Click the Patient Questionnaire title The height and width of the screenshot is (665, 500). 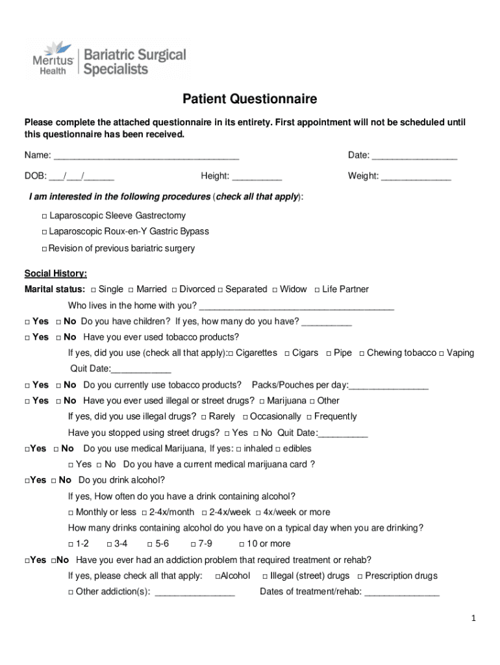click(x=249, y=99)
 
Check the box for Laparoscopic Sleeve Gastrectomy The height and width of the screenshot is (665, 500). click(x=44, y=216)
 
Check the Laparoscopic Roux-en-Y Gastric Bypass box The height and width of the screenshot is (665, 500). click(x=44, y=232)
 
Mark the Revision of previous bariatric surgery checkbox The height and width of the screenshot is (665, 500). click(x=44, y=249)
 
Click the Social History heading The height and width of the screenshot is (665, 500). click(x=56, y=273)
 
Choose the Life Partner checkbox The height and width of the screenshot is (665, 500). click(x=317, y=290)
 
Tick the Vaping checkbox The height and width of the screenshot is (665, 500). click(x=442, y=353)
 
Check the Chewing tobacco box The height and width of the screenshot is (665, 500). click(x=362, y=353)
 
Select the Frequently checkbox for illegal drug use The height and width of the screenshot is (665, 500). click(x=309, y=417)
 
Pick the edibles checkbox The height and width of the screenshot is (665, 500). click(x=278, y=449)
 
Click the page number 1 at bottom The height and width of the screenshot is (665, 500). click(x=474, y=619)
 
